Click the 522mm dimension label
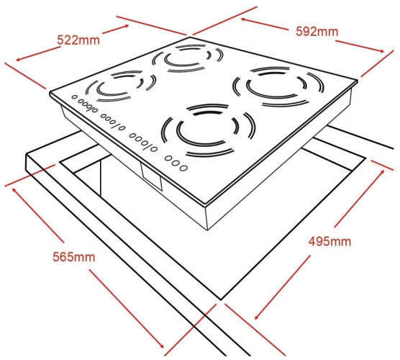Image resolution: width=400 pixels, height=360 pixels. pyautogui.click(x=78, y=40)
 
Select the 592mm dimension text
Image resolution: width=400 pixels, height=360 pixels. pyautogui.click(x=317, y=32)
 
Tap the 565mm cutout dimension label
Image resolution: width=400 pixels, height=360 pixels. pyautogui.click(x=74, y=256)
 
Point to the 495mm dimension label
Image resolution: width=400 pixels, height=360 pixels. pyautogui.click(x=329, y=241)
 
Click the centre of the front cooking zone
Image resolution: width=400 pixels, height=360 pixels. pyautogui.click(x=208, y=130)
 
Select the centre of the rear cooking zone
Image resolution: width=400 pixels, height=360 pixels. pyautogui.click(x=188, y=58)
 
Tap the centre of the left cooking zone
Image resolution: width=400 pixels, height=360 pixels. pyautogui.click(x=121, y=86)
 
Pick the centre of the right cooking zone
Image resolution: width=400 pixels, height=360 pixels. pyautogui.click(x=278, y=86)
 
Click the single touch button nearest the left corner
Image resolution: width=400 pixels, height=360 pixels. pyautogui.click(x=74, y=97)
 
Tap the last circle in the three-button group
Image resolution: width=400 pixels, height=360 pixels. pyautogui.click(x=183, y=168)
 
